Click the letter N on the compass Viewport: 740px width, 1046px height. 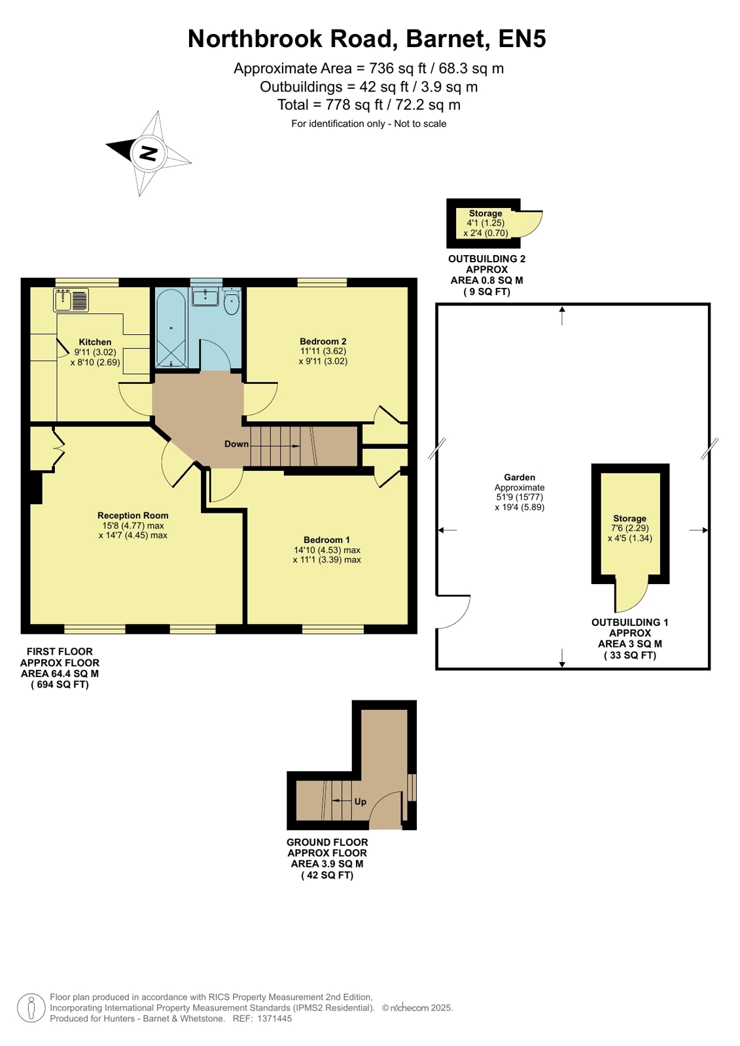[149, 153]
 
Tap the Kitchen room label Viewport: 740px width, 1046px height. [95, 342]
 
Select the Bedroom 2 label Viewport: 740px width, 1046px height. [323, 341]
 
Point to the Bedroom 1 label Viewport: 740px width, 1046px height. [326, 540]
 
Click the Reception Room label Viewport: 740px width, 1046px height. [133, 515]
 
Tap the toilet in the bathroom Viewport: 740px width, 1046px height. [231, 300]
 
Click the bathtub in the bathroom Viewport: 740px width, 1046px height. [171, 329]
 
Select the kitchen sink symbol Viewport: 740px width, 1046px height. [71, 300]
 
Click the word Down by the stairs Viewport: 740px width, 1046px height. [236, 444]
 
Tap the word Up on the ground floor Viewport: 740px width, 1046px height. [361, 801]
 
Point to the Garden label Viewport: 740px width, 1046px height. [520, 478]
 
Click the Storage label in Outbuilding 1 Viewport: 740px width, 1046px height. [629, 518]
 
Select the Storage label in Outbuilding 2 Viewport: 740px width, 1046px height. [485, 213]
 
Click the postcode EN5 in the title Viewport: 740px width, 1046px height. [522, 39]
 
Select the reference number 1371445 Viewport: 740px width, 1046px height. [274, 1019]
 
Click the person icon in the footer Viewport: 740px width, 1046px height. [31, 1007]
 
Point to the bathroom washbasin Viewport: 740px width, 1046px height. [205, 296]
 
